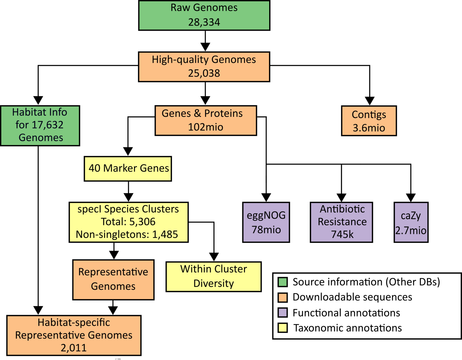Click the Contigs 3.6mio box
point(369,121)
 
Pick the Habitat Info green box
point(40,125)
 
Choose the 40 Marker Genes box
point(128,169)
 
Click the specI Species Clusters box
point(128,222)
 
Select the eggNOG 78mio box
point(266,222)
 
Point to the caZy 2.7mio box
point(411,222)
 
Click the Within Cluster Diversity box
point(213,277)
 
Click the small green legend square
point(283,282)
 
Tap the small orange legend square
point(283,298)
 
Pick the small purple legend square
point(283,312)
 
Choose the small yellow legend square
point(283,328)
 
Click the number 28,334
point(204,22)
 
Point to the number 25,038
point(204,73)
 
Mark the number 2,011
point(74,348)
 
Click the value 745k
point(342,234)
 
